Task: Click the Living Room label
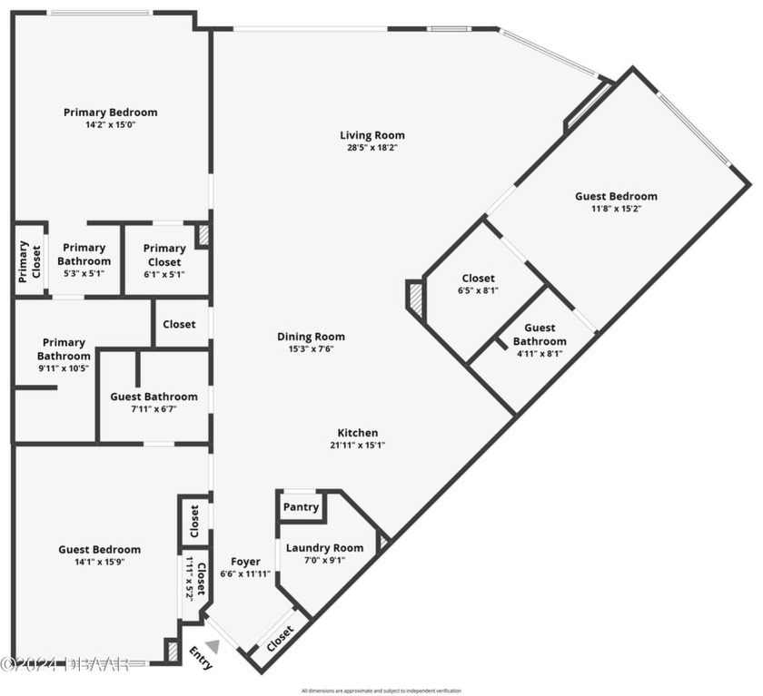pos(372,136)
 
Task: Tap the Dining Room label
pos(311,337)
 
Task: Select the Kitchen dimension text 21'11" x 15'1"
pos(357,446)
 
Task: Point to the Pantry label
pos(301,507)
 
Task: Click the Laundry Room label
pos(324,548)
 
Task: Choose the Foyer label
pos(245,562)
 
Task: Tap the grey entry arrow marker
pos(213,646)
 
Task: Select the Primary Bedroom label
pos(110,113)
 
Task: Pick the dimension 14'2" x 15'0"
pos(110,124)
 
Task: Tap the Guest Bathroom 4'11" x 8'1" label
pos(540,341)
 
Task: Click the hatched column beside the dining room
pos(416,299)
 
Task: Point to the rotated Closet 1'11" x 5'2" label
pos(196,581)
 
